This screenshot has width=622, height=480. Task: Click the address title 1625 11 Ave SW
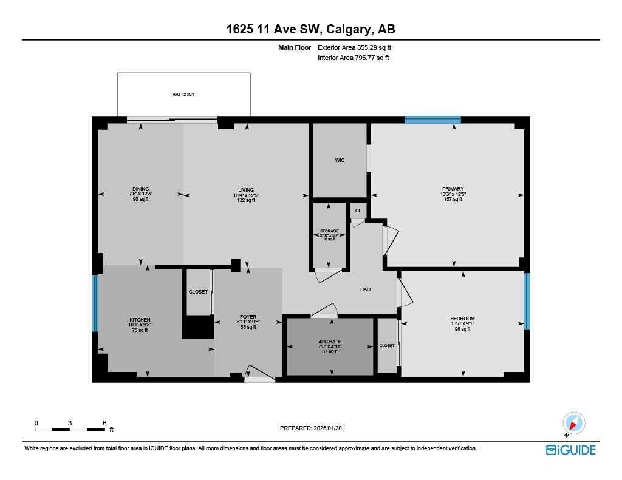(310, 29)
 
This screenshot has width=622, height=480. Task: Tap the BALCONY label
(183, 95)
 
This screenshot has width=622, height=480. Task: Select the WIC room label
(340, 160)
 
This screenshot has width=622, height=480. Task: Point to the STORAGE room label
(329, 231)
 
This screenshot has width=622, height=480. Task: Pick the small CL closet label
(358, 211)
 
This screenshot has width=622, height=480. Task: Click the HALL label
(366, 289)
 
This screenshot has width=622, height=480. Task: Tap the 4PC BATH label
(330, 341)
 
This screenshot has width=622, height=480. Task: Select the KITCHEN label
(140, 320)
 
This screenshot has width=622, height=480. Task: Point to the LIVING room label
(246, 190)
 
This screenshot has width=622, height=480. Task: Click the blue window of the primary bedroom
(432, 120)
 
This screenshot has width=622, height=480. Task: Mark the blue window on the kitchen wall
(95, 303)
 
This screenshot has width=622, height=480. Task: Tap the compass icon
(573, 423)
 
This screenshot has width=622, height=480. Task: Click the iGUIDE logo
(570, 450)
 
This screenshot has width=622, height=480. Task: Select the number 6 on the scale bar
(104, 422)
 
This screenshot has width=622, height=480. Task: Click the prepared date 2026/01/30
(315, 428)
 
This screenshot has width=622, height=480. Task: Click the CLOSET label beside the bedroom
(387, 345)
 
